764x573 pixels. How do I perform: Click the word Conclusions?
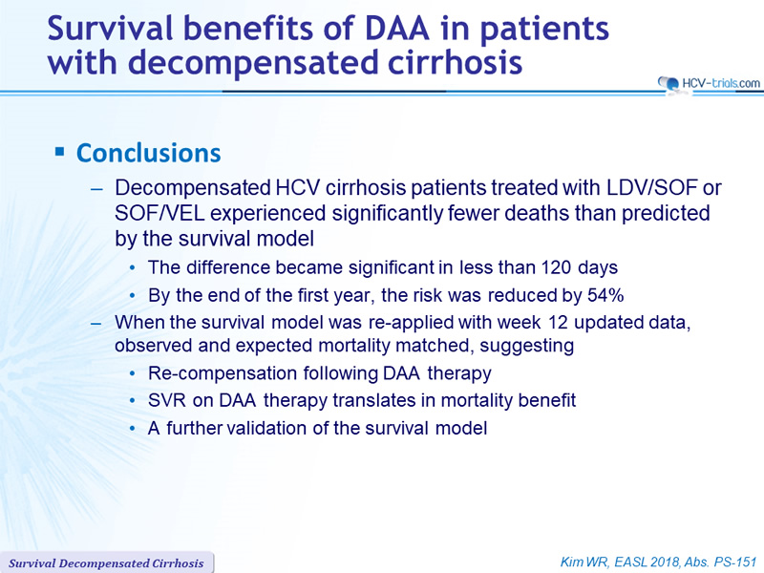149,153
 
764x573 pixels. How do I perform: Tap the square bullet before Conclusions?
60,152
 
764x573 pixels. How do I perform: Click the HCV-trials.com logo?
709,84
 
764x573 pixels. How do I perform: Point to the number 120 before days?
557,267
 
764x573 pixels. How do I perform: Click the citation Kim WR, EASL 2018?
620,562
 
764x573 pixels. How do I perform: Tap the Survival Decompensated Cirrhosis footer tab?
106,563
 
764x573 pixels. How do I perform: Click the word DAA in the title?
397,29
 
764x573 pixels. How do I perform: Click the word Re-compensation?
223,373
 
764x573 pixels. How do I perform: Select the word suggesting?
527,346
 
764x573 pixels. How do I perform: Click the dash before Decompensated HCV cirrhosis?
97,188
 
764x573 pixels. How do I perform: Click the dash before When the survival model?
97,323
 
